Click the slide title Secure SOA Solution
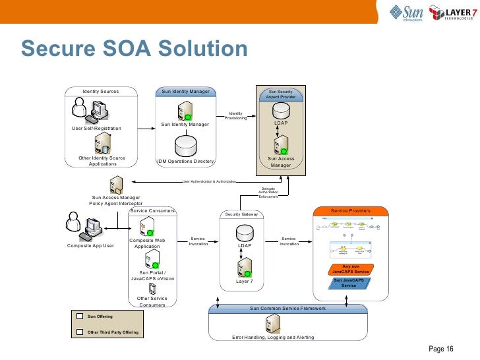coord(134,49)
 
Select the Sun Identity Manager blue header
coord(186,92)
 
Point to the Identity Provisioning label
coord(235,116)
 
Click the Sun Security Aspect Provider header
coord(280,94)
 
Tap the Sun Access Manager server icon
coord(280,144)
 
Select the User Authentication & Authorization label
coord(208,181)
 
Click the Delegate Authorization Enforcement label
coord(268,193)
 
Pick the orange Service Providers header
coord(350,211)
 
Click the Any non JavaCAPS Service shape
coord(350,269)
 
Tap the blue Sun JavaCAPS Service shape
coord(348,282)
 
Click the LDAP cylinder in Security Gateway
coord(245,233)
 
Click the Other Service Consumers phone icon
coord(152,287)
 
